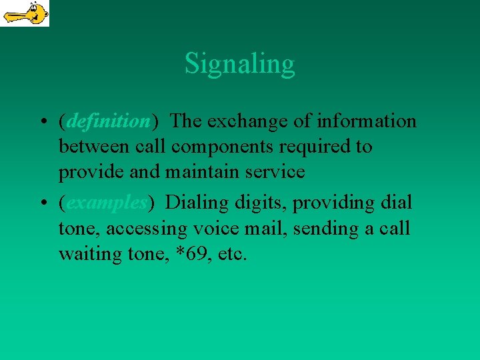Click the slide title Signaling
tap(239, 64)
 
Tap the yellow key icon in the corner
tap(25, 13)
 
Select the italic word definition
tap(109, 121)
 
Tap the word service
tap(275, 172)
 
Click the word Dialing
tap(193, 202)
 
